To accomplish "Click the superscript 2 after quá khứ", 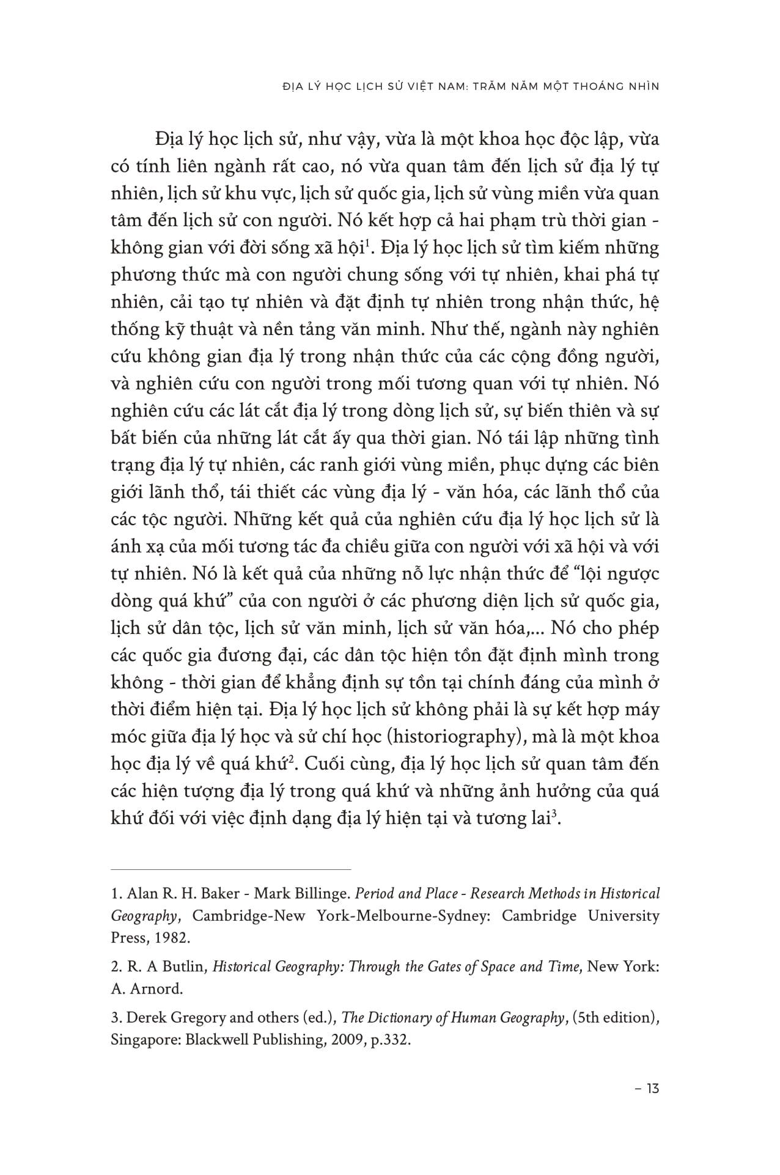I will point(293,760).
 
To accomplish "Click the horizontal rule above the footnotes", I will point(231,869).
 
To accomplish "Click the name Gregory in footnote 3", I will point(183,1018).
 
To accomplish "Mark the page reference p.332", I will point(389,1040).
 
